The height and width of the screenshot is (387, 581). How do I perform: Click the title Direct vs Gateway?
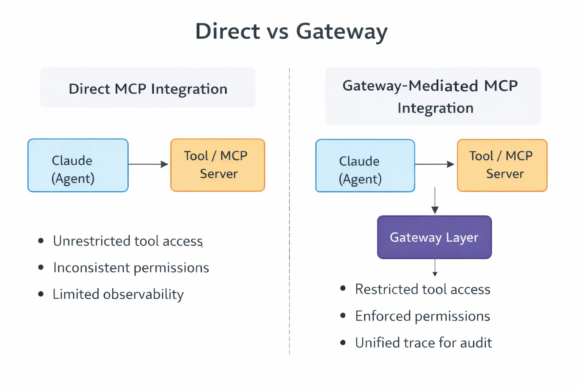click(x=291, y=31)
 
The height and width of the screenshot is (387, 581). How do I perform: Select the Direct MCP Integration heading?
click(x=148, y=88)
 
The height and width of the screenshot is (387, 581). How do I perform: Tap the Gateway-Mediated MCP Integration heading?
click(x=433, y=96)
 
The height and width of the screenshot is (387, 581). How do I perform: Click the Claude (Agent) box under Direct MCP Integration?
click(x=78, y=166)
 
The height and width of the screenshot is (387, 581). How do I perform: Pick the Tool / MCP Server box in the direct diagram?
click(x=217, y=165)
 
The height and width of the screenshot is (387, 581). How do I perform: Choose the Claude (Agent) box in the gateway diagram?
click(x=365, y=166)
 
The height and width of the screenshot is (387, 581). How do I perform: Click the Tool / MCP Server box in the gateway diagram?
click(x=502, y=165)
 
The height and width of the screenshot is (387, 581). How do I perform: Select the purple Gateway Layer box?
click(x=434, y=237)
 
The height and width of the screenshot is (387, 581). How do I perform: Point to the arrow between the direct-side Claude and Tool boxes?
click(x=149, y=164)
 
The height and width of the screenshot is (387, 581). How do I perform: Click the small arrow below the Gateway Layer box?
click(x=435, y=268)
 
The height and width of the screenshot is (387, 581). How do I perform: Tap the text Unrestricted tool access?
click(x=128, y=241)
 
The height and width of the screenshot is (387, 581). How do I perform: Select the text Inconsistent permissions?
click(x=131, y=268)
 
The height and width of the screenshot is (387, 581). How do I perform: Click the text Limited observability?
click(x=118, y=294)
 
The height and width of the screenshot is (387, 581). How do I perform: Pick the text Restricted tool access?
click(x=423, y=289)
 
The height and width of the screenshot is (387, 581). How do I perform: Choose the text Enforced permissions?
click(x=423, y=316)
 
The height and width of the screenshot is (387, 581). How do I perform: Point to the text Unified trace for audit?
click(x=423, y=343)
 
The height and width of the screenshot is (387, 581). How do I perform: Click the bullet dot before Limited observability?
click(x=41, y=294)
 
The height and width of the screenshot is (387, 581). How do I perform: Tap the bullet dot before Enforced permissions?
click(x=343, y=316)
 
